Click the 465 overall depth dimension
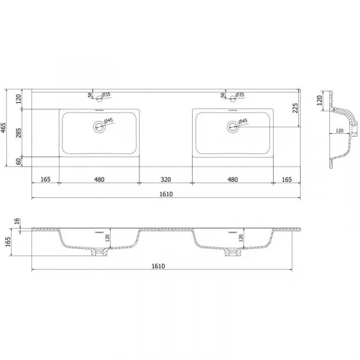3,128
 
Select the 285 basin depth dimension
19,133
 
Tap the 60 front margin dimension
19,161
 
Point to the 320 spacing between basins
166,179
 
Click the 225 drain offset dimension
295,108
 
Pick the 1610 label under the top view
166,194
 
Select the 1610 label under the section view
158,266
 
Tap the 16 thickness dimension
17,221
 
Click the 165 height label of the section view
8,242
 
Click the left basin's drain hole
99,127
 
